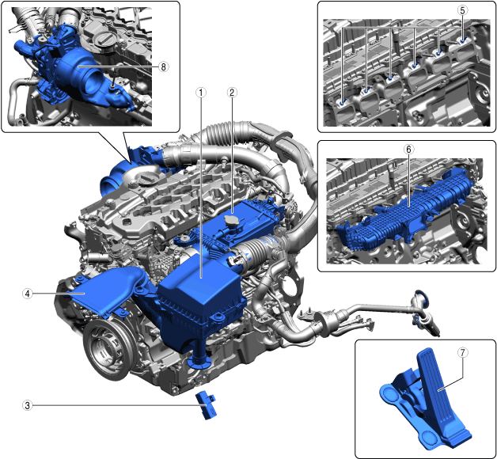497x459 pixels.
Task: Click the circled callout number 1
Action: [201, 93]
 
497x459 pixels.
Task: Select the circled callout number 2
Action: [232, 93]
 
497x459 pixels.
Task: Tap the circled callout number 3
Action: [28, 405]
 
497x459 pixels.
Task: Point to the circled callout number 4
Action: [28, 294]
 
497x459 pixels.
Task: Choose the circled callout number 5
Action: [462, 10]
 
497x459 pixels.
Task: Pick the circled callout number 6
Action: [409, 149]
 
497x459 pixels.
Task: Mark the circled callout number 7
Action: [462, 352]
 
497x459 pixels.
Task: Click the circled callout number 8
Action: [163, 67]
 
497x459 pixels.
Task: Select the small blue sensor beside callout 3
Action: [207, 405]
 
